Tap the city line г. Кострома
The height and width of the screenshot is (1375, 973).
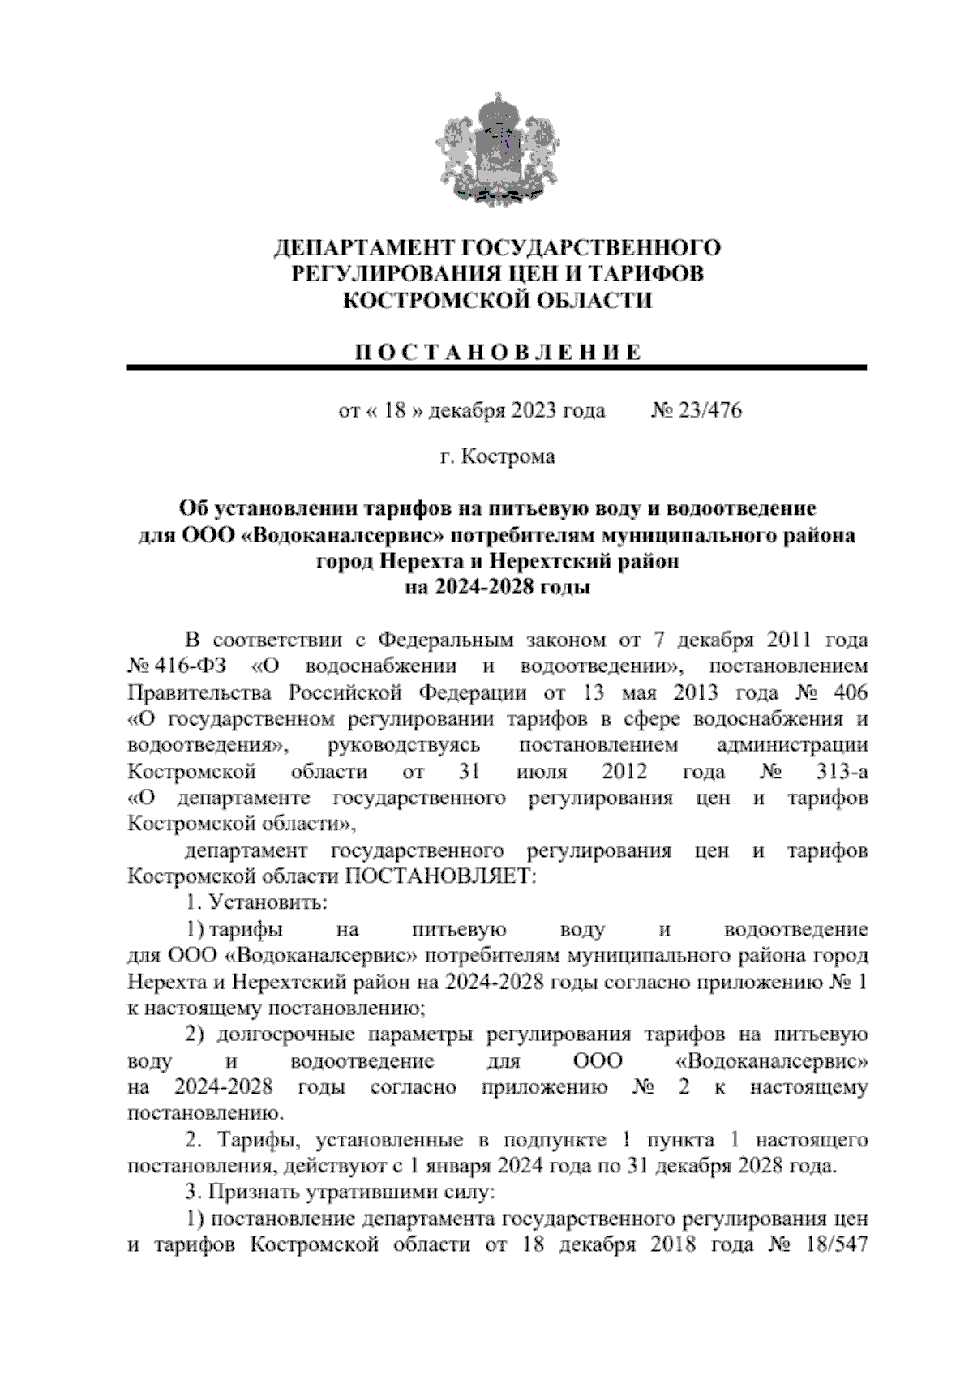(x=496, y=456)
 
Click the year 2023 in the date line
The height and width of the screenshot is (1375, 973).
(x=534, y=410)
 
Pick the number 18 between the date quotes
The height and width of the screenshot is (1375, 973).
(x=394, y=410)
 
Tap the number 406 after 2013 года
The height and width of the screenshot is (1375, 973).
(x=845, y=693)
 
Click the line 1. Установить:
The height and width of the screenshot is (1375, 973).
(x=256, y=902)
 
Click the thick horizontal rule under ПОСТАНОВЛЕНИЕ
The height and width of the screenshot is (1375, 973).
(x=496, y=368)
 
